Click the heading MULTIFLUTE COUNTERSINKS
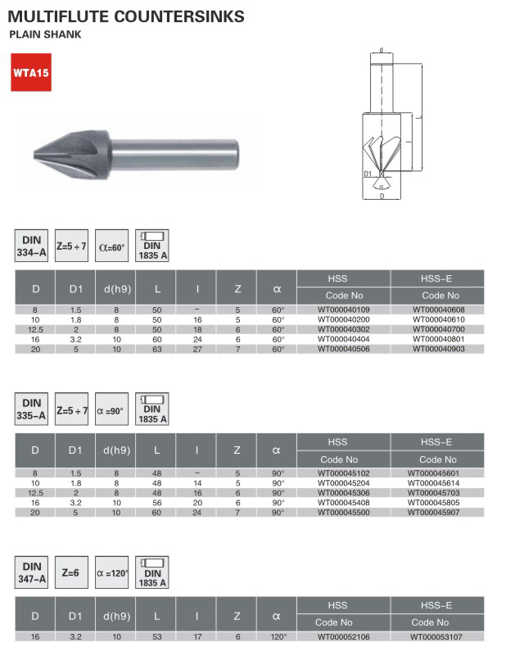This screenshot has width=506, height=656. tap(126, 16)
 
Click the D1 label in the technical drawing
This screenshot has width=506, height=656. tap(368, 174)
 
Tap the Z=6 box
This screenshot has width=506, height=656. tap(71, 573)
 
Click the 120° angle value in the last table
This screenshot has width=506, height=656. tap(278, 636)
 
